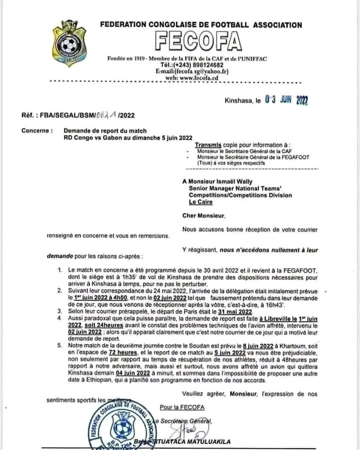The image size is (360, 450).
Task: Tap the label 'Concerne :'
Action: (36, 130)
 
